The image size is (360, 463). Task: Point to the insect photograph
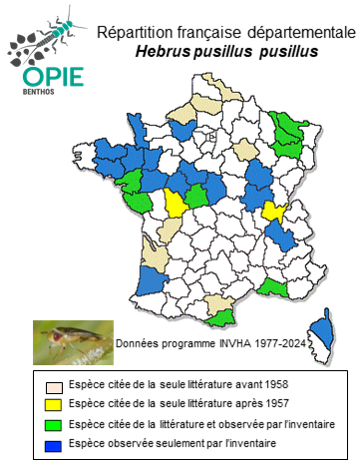pyautogui.click(x=71, y=340)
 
